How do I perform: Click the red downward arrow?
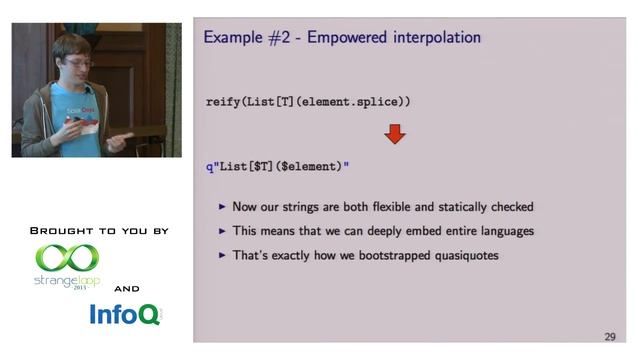pos(395,133)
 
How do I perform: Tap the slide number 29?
pos(609,336)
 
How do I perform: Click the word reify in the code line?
pos(223,102)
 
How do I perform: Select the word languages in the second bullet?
pos(500,231)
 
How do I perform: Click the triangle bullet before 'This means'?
pos(222,231)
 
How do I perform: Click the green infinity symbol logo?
pos(67,259)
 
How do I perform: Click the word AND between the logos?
pos(127,288)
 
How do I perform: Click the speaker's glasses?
pos(77,62)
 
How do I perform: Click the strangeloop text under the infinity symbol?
pos(65,281)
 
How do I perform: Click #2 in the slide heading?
pos(277,38)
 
